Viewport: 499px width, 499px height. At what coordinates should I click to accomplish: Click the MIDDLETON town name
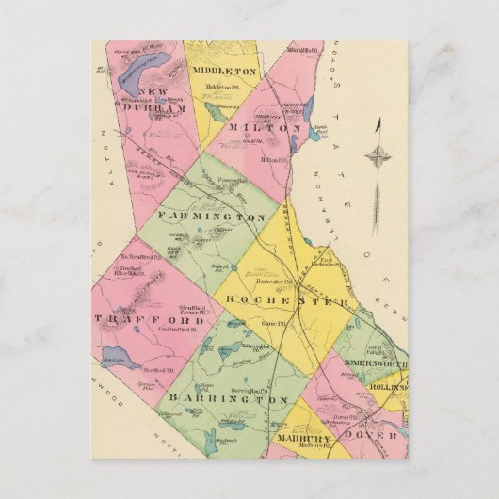[x=224, y=71]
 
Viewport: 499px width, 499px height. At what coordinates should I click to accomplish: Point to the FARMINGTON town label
[x=211, y=217]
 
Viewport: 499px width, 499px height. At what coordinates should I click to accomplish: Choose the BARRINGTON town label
[x=228, y=399]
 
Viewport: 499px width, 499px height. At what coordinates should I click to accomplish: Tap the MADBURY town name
[x=300, y=438]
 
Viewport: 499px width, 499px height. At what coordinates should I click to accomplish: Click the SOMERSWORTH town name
[x=375, y=363]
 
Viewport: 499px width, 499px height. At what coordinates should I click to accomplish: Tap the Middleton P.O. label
[x=225, y=86]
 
